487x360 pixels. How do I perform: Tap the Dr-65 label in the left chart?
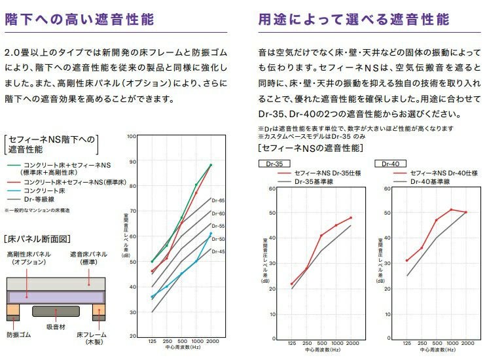coord(218,200)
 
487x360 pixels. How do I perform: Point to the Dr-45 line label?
coord(218,251)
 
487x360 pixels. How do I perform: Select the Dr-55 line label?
coord(218,226)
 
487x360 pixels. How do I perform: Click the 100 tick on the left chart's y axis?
coord(132,136)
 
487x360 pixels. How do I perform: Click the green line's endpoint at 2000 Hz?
coord(211,165)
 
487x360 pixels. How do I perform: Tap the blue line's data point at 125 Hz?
coord(152,297)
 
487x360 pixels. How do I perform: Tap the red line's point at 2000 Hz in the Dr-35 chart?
coord(351,217)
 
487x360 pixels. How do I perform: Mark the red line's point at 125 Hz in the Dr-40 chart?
coord(406,261)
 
